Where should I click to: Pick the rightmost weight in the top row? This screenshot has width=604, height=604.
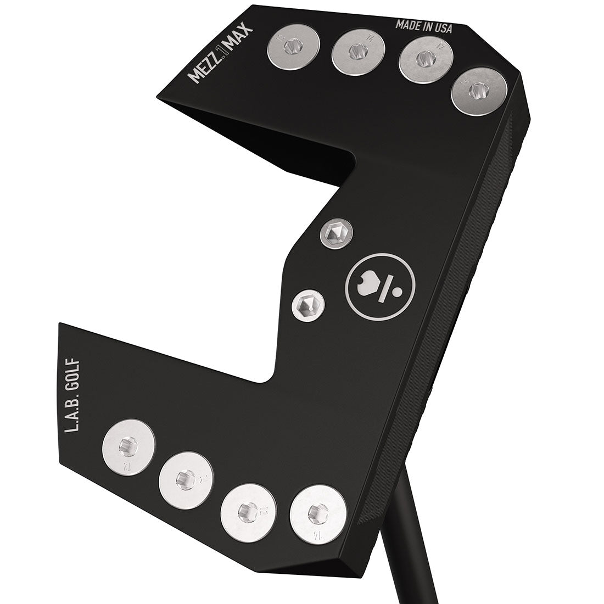(479, 92)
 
